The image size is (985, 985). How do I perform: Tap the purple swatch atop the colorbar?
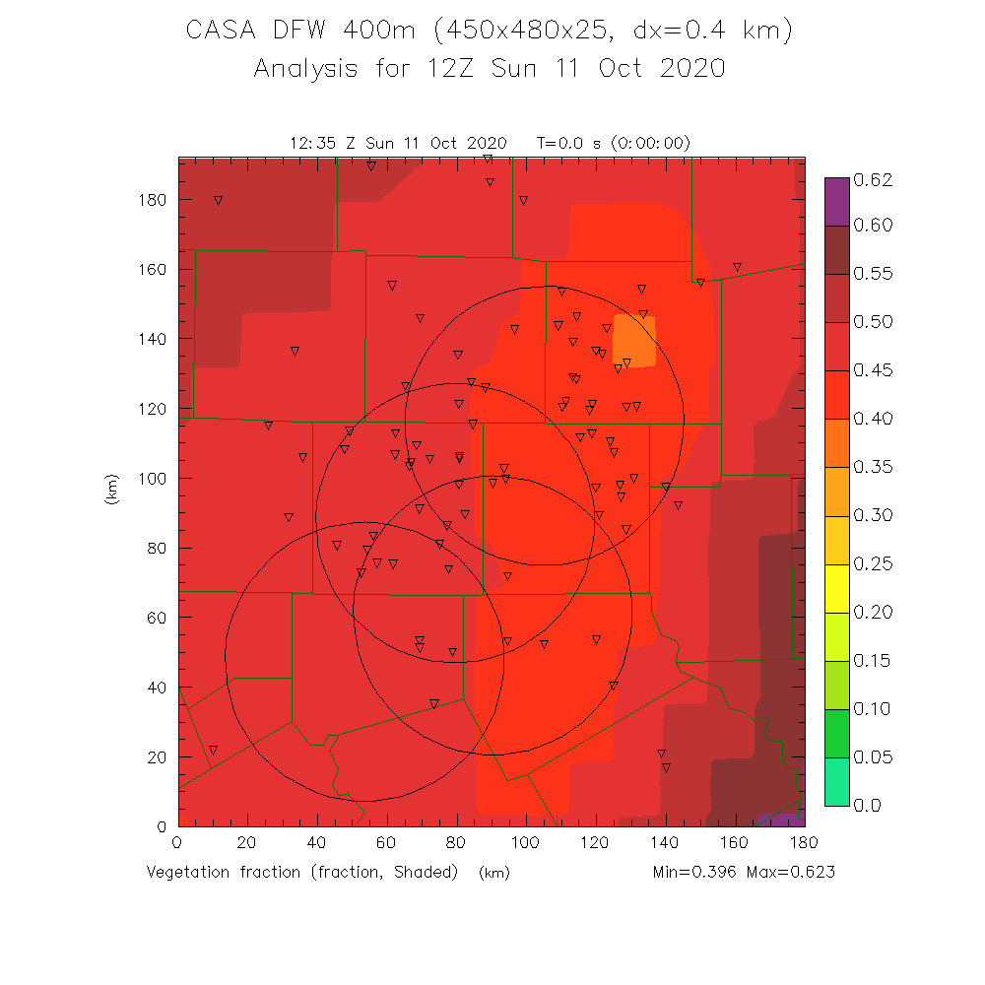836,202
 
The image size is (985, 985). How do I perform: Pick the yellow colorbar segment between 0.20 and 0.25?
836,588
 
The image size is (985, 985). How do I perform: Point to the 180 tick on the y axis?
153,200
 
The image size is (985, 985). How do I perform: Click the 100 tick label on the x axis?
526,843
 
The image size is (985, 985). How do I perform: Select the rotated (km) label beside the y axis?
111,490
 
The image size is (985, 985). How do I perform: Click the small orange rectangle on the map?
634,341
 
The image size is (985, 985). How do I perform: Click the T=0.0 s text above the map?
571,143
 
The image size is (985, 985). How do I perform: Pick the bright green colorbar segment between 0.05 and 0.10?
836,733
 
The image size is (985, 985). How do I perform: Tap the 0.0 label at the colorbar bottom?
866,806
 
